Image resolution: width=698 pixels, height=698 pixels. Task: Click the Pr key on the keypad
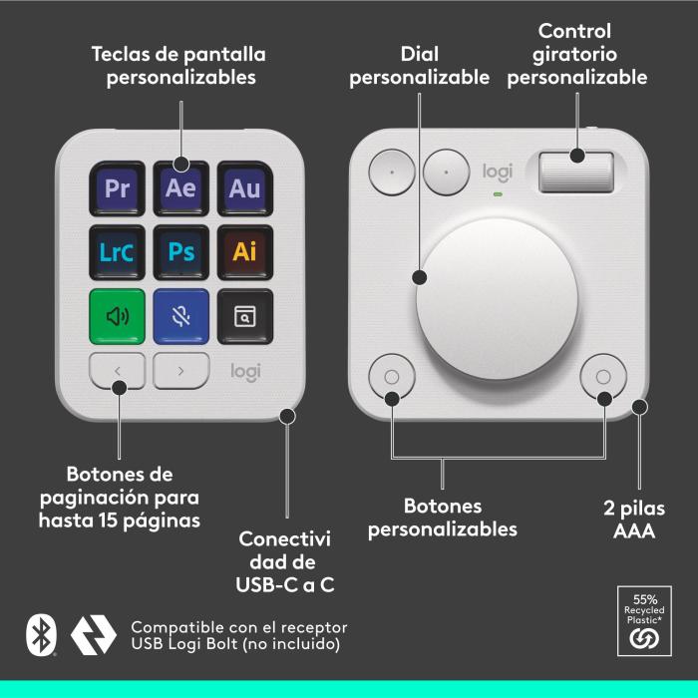coord(118,187)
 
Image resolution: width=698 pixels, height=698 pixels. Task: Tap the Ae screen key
coord(180,187)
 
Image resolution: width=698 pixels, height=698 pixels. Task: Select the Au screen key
coord(244,187)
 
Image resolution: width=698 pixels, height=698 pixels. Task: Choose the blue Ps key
coord(180,251)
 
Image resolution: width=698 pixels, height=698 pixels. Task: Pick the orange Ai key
coord(244,251)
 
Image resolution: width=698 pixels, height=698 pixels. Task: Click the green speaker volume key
coord(118,316)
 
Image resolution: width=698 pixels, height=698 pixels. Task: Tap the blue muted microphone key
coord(180,316)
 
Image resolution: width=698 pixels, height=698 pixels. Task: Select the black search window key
coord(244,316)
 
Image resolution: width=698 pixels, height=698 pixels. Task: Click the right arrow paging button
coord(181,371)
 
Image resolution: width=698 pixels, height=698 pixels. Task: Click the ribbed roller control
coord(576,171)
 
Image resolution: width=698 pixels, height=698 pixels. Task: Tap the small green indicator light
coord(497,193)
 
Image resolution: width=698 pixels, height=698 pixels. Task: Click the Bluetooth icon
coord(40,635)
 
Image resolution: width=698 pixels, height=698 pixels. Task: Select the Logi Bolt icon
coord(94,635)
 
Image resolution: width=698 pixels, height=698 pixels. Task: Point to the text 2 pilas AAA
coord(633,520)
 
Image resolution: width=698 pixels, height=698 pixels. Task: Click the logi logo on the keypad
coord(245,371)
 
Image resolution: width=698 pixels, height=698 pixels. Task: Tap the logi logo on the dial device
coord(497,172)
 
